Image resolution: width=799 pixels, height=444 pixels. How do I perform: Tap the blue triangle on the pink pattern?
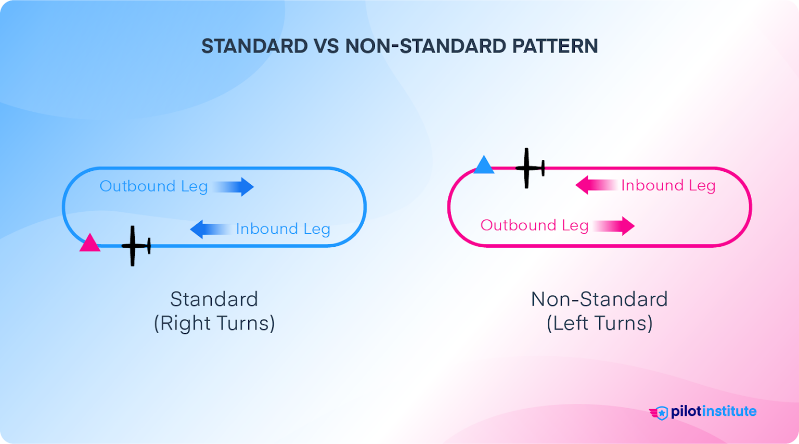pos(484,166)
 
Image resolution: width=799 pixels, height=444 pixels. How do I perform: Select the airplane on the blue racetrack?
pos(135,246)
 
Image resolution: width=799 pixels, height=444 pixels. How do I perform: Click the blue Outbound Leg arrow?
pos(234,187)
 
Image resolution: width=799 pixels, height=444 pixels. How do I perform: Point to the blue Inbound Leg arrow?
pos(210,229)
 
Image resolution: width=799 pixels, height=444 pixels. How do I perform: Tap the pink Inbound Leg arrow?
pos(596,185)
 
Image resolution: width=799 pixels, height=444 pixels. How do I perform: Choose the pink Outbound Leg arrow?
pos(614,226)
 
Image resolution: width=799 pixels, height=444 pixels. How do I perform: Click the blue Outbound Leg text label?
pos(153,186)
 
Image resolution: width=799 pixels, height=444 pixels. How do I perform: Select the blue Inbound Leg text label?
pos(283,229)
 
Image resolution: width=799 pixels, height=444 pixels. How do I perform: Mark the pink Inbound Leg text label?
pos(668,185)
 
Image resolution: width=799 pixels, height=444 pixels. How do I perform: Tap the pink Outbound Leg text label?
pos(534,225)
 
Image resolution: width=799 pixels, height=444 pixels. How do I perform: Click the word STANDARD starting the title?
pos(254,46)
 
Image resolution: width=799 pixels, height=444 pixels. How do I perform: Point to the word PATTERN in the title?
pos(555,46)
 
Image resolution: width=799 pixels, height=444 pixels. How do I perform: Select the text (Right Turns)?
pos(214,323)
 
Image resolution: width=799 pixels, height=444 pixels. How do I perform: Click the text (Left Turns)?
pos(599,323)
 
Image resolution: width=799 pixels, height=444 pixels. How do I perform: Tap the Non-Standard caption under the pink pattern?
pos(599,299)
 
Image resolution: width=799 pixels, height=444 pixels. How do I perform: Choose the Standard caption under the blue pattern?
pos(214,299)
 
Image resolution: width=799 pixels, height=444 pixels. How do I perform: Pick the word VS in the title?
pos(326,46)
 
